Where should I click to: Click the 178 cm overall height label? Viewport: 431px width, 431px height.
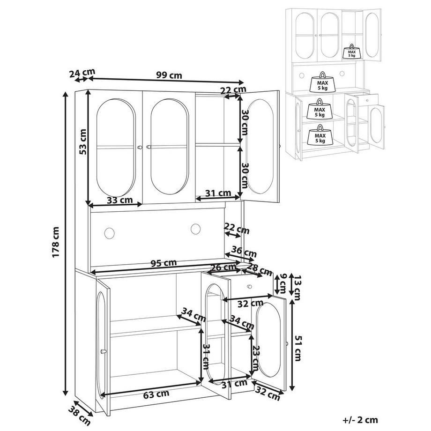(x=56, y=243)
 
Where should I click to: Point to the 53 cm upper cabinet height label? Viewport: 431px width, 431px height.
(x=82, y=142)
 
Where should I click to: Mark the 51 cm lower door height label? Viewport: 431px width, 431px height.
(x=297, y=346)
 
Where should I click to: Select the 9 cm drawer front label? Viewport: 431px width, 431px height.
(x=282, y=283)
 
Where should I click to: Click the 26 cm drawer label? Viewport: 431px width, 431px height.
(x=223, y=268)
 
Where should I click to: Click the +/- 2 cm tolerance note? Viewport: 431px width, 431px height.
(x=360, y=420)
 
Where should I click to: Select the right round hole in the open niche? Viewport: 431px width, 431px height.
(x=195, y=228)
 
